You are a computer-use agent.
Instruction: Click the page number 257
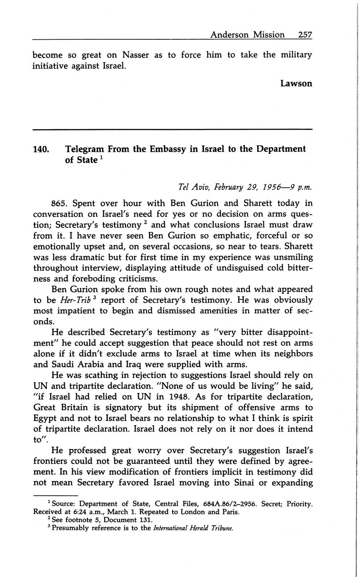click(x=305, y=35)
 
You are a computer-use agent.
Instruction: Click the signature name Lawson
click(x=296, y=83)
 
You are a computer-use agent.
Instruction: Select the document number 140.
click(x=42, y=149)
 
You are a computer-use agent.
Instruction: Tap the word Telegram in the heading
click(x=84, y=149)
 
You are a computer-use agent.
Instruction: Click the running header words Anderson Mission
click(x=247, y=35)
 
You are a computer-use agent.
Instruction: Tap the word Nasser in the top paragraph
click(x=135, y=55)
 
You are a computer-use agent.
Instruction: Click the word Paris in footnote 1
click(x=230, y=512)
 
